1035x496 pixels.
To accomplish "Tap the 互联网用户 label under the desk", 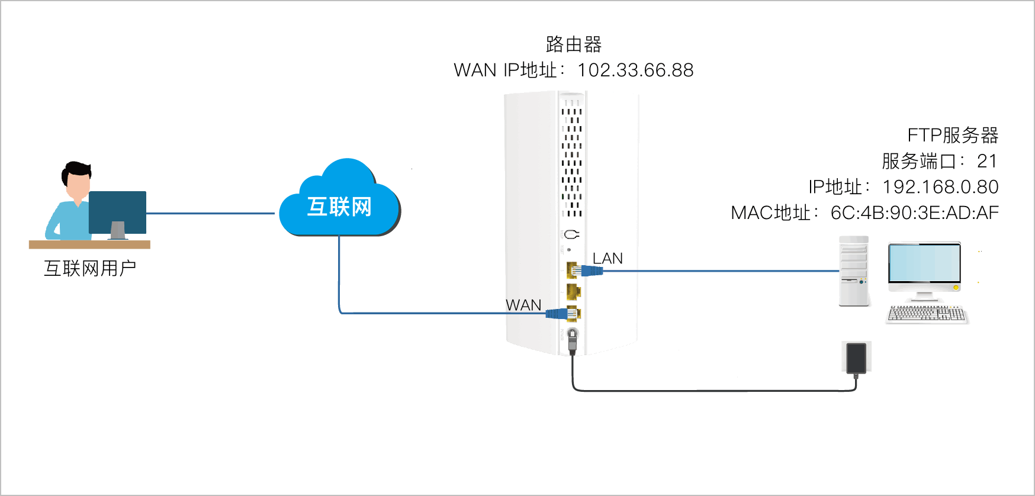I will coord(90,269).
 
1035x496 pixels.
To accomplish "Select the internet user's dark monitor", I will coord(117,212).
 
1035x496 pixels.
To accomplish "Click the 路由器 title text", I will coord(573,44).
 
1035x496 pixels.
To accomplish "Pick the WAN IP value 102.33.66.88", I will coord(635,70).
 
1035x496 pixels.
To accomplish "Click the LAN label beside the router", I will coord(607,259).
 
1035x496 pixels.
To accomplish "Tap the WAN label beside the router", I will coord(523,305).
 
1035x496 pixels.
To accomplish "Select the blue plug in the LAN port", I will coord(592,271).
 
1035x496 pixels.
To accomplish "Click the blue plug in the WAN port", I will coord(557,314).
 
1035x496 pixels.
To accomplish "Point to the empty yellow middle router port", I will coord(573,291).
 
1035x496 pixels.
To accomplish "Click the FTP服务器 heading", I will coord(953,136).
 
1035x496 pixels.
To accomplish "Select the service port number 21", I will coord(987,161).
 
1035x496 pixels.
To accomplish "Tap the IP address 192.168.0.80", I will coord(940,187).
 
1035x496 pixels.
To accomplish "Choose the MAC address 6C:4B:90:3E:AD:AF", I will coord(914,212).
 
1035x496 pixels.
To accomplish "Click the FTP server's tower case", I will coord(854,271).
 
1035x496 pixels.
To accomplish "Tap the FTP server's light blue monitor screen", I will coord(924,263).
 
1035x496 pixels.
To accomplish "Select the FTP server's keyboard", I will coord(927,314).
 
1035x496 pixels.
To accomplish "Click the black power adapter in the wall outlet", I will coord(856,358).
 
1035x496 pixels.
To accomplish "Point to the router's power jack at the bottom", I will coord(572,335).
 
